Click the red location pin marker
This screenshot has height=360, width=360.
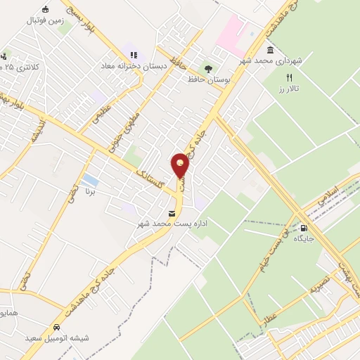click(x=181, y=166)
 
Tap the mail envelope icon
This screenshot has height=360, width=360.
click(x=172, y=213)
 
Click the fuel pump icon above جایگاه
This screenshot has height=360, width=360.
click(x=303, y=228)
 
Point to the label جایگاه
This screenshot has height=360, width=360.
click(x=303, y=239)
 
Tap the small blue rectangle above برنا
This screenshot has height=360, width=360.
click(x=89, y=181)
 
